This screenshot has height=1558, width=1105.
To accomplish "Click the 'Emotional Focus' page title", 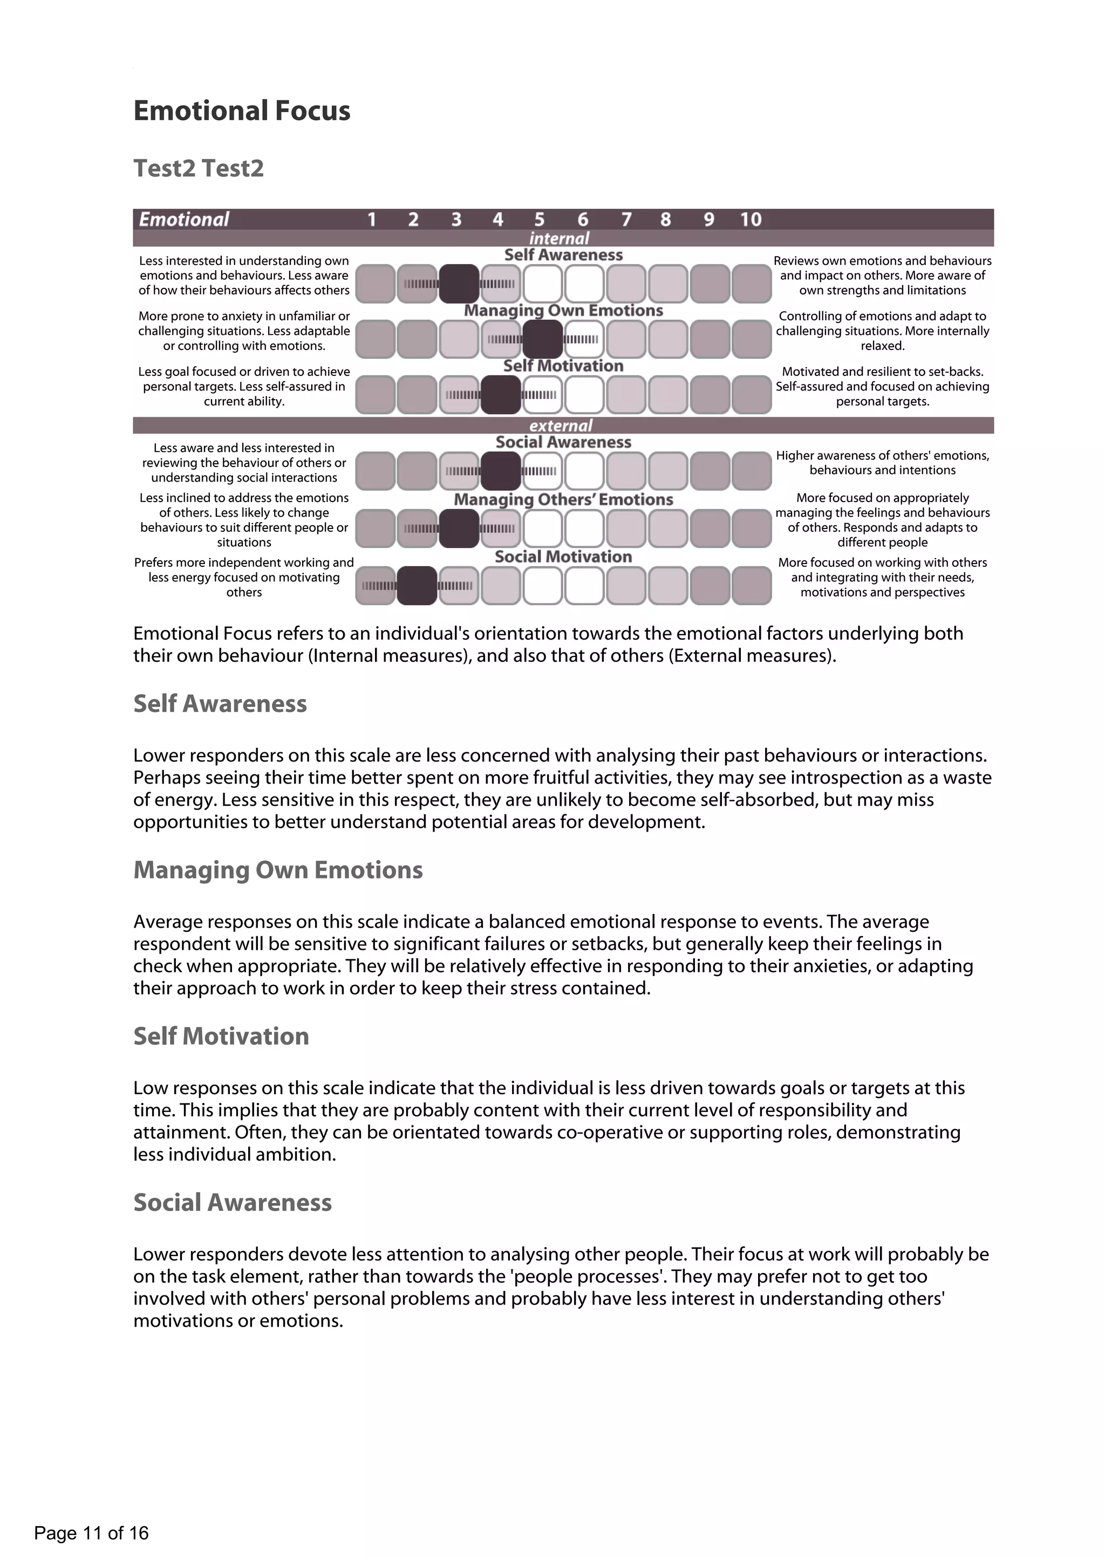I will click(x=242, y=111).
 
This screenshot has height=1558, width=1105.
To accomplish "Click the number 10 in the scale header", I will click(x=751, y=219).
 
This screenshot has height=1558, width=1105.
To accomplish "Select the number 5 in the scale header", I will click(x=539, y=219).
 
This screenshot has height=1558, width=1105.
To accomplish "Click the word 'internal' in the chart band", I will click(x=558, y=238).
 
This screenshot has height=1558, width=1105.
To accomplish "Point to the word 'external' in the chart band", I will click(x=561, y=425).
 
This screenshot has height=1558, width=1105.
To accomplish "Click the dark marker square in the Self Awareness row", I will click(x=459, y=284).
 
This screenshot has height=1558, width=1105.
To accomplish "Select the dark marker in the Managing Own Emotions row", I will click(x=542, y=339).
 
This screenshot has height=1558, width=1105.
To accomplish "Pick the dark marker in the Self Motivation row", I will click(x=500, y=394).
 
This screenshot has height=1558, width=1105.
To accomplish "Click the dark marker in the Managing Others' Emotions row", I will click(x=459, y=529).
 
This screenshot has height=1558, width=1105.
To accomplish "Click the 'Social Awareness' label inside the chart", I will click(x=563, y=442).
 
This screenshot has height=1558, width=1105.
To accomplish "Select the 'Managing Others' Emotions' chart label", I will click(x=563, y=499).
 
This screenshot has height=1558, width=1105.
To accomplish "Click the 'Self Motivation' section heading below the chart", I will click(x=221, y=1036).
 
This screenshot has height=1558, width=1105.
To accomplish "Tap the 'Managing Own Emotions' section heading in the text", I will click(x=278, y=870).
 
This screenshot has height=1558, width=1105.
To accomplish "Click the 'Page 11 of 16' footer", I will click(x=91, y=1533).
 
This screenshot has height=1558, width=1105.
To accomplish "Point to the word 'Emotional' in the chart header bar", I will click(x=183, y=219).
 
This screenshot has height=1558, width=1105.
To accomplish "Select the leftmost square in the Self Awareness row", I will click(x=375, y=284).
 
